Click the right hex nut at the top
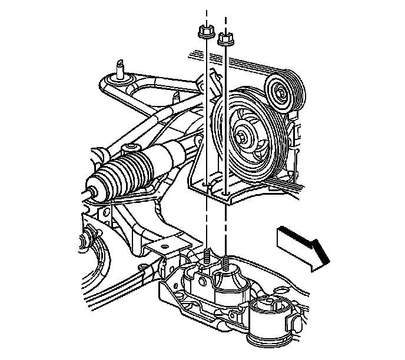(225, 39)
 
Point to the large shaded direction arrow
(299, 246)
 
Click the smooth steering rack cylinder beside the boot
(167, 156)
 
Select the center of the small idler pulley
(281, 92)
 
